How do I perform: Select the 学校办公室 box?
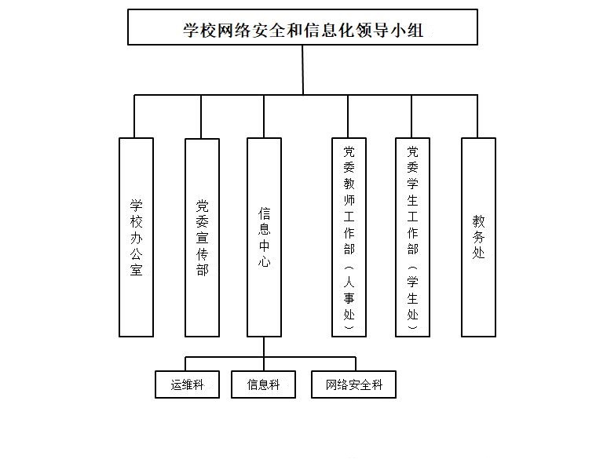136,237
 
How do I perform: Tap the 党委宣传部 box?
202,237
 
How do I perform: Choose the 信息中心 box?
264,237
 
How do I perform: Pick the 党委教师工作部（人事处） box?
349,237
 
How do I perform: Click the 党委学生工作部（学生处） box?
412,237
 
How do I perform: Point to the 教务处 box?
478,237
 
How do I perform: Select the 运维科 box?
187,384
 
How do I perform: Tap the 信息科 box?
263,384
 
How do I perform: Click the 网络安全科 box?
353,384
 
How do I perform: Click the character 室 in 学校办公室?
136,271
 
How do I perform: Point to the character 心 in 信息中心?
264,263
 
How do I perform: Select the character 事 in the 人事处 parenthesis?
349,298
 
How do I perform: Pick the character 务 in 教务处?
478,237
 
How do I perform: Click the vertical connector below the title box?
302,70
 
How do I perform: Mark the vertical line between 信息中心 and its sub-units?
264,347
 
